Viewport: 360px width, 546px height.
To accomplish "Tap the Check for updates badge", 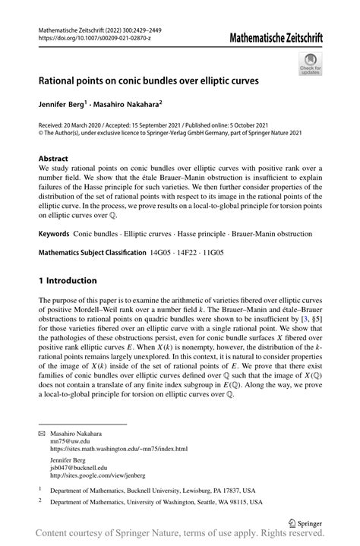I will coord(311,64).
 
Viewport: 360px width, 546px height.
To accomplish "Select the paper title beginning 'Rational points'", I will coord(150,78).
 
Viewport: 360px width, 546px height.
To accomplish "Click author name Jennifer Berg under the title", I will coord(64,102).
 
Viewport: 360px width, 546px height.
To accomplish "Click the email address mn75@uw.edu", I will coord(69,440).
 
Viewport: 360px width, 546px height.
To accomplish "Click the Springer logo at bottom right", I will coord(305,522).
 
